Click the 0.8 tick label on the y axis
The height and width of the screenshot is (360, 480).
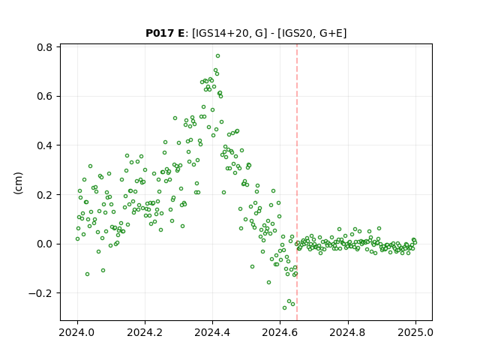tap(45, 47)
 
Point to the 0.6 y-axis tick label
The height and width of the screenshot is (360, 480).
tap(45, 96)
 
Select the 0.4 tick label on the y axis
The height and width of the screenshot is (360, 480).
tap(45, 145)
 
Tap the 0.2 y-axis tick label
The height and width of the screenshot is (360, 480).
tap(45, 195)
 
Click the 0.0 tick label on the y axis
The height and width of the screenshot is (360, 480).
tap(45, 244)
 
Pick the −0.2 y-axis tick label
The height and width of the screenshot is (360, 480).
tap(41, 293)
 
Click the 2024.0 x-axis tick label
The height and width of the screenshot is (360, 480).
tap(77, 332)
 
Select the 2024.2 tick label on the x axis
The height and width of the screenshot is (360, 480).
tap(145, 332)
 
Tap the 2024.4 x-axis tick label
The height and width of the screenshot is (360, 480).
tap(212, 332)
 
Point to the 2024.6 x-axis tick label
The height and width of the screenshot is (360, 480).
tap(280, 332)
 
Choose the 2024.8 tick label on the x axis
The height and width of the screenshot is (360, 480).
tap(348, 332)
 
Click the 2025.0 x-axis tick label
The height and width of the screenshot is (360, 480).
tap(415, 332)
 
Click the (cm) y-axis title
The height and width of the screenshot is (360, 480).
tap(18, 183)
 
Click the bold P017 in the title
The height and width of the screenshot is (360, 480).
tap(160, 33)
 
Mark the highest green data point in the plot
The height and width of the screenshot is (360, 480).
tap(217, 55)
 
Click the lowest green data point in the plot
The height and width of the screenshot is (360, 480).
tap(285, 307)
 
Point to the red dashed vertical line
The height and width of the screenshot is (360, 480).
tap(297, 182)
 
